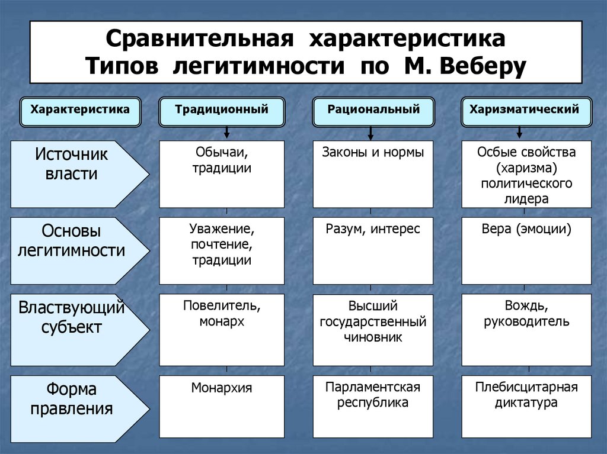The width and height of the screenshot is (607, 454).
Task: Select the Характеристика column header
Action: pos(80,110)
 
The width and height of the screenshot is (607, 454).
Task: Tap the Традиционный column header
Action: pos(221,110)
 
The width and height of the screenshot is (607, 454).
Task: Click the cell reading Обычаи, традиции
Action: pos(222,174)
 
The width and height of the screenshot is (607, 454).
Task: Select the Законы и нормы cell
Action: pos(373,174)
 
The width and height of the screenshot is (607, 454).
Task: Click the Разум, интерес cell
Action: pos(373,250)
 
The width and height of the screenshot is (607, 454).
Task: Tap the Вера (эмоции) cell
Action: pos(526,250)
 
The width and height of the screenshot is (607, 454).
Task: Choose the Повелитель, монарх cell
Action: pos(222,329)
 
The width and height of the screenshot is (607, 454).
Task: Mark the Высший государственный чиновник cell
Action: pos(373,329)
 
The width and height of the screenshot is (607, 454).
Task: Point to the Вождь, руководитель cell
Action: pos(526,329)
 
